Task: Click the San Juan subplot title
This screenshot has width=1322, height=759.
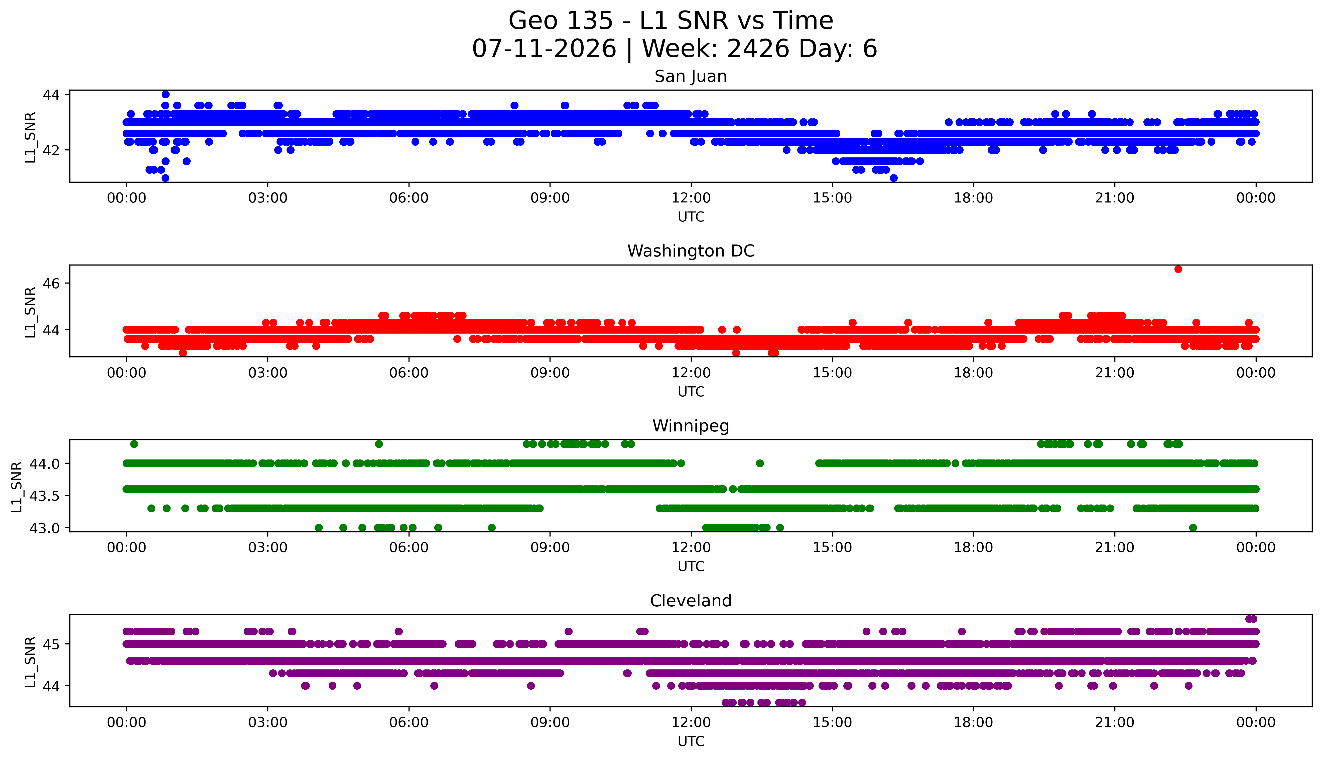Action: click(691, 77)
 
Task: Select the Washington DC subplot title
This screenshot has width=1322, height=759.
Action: click(691, 251)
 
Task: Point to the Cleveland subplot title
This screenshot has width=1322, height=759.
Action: click(691, 601)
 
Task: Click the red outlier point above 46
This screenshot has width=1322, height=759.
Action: click(1178, 269)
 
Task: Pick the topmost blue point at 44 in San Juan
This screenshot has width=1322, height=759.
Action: click(165, 94)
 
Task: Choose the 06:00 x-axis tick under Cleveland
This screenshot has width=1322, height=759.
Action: click(409, 722)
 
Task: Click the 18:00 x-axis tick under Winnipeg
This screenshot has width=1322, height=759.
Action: click(974, 548)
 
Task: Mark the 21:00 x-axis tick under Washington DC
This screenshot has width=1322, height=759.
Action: click(1114, 373)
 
